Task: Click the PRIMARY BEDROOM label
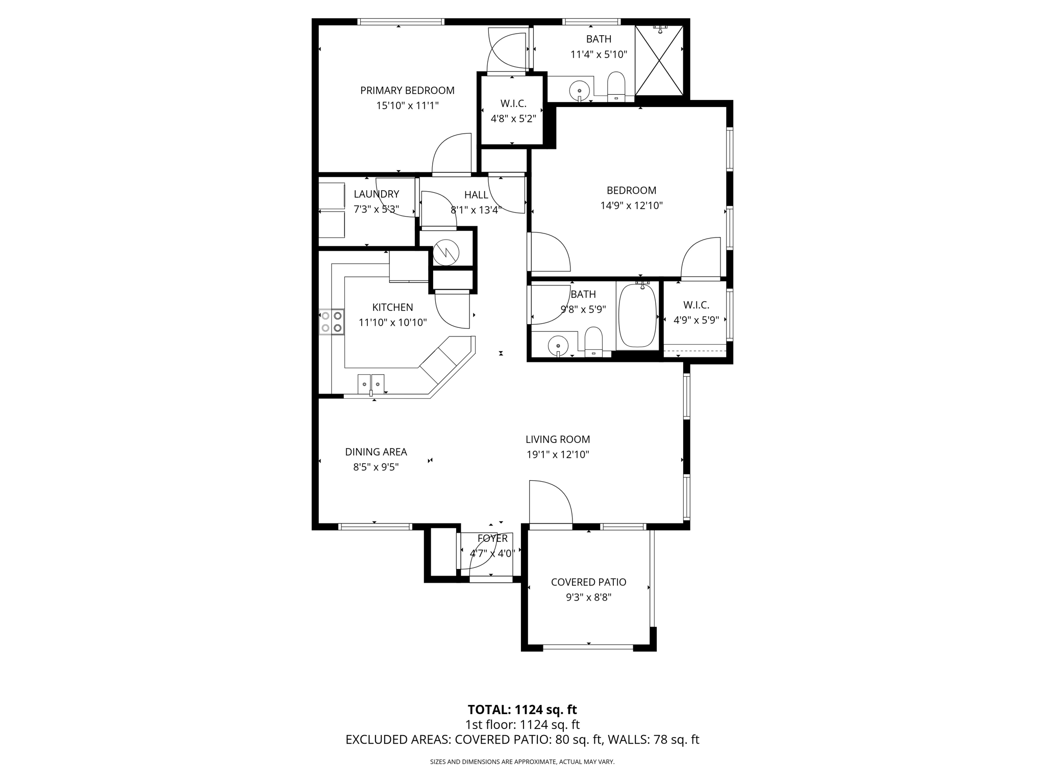(x=407, y=91)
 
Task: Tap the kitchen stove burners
(x=331, y=322)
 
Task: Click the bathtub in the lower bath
(x=637, y=316)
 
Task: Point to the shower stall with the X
(x=659, y=60)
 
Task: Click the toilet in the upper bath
(x=616, y=86)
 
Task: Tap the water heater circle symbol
(x=446, y=252)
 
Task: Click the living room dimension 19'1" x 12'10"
(x=558, y=455)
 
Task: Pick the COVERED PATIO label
(x=588, y=582)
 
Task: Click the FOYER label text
(x=492, y=538)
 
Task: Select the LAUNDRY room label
(x=376, y=194)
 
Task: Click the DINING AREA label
(x=376, y=452)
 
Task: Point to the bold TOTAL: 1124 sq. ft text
(x=522, y=710)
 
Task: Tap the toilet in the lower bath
(x=593, y=341)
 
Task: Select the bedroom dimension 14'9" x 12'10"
(x=631, y=206)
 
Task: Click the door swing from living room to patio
(x=550, y=502)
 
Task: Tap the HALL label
(x=476, y=195)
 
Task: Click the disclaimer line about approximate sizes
(x=522, y=762)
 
